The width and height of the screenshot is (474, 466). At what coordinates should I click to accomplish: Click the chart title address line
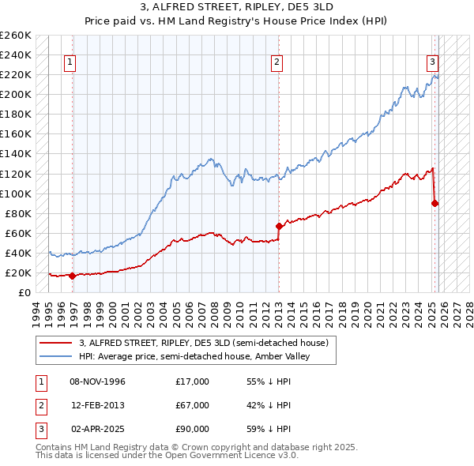click(x=236, y=7)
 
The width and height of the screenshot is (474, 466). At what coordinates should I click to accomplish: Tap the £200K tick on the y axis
click(x=15, y=94)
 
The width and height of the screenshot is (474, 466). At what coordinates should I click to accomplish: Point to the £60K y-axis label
click(x=18, y=233)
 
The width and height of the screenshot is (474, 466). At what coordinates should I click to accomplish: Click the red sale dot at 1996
click(x=73, y=276)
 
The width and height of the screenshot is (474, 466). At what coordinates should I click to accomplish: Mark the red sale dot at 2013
click(x=279, y=226)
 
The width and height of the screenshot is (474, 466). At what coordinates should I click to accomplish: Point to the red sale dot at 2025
click(x=435, y=203)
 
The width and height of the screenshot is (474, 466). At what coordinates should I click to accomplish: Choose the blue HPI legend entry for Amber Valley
click(x=194, y=356)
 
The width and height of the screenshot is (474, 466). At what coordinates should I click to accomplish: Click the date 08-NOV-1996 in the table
click(x=98, y=381)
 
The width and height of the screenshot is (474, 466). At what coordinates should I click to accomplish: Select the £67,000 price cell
click(x=193, y=405)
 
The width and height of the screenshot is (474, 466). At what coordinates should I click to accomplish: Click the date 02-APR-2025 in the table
click(x=98, y=429)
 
